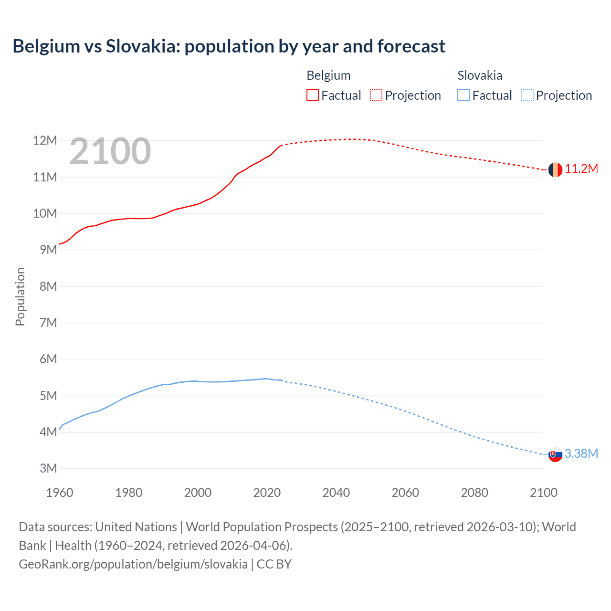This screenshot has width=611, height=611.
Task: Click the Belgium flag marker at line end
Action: click(x=555, y=169)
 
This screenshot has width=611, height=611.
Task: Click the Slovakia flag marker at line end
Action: click(x=555, y=454)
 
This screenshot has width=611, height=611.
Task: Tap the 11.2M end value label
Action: click(x=581, y=169)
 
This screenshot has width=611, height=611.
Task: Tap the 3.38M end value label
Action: click(x=581, y=453)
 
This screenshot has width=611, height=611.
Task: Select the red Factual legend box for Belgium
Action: click(x=312, y=95)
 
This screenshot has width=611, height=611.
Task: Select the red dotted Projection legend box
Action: click(x=376, y=95)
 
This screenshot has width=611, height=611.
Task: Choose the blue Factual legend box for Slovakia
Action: click(x=464, y=95)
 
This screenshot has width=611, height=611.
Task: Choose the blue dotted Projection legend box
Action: click(x=527, y=95)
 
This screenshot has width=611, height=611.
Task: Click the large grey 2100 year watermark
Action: click(x=110, y=152)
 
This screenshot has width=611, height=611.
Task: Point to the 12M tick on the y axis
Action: click(x=45, y=140)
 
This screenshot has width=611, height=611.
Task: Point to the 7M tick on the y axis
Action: click(x=48, y=323)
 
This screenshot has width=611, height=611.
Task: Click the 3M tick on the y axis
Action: click(x=48, y=468)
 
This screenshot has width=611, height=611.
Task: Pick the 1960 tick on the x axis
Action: click(x=60, y=493)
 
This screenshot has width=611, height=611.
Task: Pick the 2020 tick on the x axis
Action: click(x=267, y=493)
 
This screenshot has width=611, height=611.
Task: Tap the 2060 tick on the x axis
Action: click(x=405, y=493)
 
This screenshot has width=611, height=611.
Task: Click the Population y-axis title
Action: click(x=20, y=296)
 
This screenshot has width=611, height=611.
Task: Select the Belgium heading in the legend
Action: click(x=328, y=75)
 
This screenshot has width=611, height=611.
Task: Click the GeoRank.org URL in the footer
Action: click(x=133, y=564)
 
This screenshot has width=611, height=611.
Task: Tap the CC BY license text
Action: click(x=274, y=564)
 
